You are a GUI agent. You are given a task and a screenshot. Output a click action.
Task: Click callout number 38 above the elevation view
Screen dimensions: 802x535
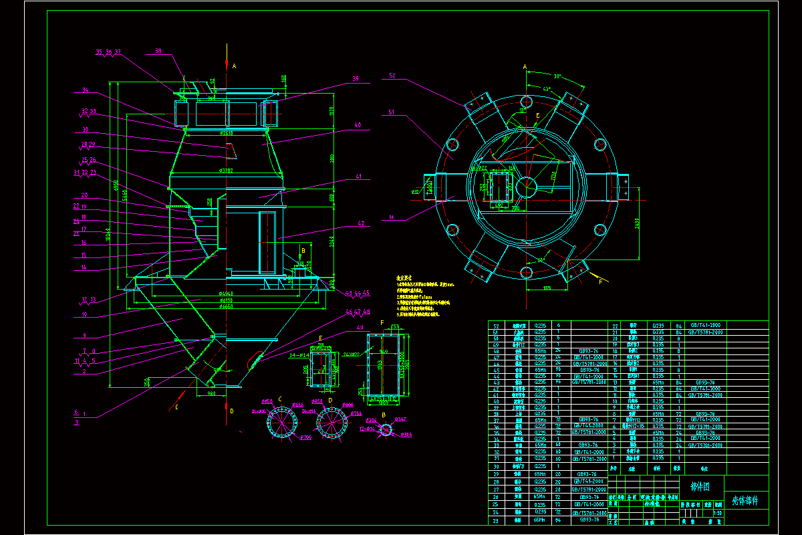pos(158,51)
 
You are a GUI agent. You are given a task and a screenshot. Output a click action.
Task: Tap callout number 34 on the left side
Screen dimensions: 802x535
pos(86,90)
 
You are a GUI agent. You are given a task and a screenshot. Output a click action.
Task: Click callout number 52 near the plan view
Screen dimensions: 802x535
pos(392,76)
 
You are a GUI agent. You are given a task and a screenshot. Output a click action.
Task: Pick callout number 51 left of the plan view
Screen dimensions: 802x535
pos(392,112)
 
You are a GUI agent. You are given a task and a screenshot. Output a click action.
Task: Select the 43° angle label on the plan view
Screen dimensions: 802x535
pos(547,89)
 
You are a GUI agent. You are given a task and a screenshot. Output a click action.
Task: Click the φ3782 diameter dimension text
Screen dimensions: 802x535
pos(225,171)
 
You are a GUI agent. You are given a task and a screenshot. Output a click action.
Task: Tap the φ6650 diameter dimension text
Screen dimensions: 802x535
pos(225,307)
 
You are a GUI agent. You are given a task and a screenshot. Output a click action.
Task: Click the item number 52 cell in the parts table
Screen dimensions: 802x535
pos(495,324)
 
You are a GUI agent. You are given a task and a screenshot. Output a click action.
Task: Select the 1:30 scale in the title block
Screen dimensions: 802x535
pos(718,513)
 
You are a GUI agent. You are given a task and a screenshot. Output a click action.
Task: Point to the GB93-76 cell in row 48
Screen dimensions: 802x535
pos(588,350)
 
